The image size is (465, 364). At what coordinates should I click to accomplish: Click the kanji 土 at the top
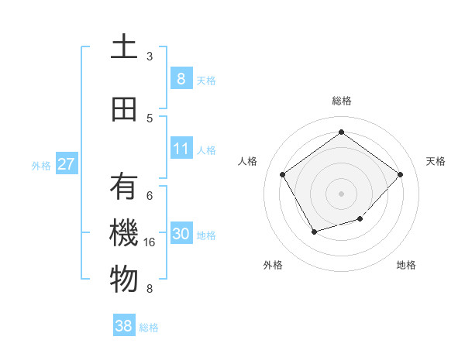pos(124,47)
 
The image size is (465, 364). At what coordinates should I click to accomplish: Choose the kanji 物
pos(124,280)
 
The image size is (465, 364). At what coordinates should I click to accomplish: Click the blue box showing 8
pos(181,78)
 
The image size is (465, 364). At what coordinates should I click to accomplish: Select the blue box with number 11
pos(181,149)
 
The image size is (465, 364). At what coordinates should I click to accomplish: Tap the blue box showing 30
pos(181,234)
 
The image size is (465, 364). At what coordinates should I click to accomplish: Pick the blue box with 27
pos(66,164)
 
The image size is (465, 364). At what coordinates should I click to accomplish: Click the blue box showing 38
pos(124,326)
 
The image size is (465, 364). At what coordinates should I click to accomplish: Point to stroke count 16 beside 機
pos(150,242)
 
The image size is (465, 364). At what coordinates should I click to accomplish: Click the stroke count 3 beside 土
pos(150,56)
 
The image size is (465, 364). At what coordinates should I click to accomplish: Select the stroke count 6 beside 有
pos(150,195)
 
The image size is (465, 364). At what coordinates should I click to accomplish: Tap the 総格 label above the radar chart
pos(342,101)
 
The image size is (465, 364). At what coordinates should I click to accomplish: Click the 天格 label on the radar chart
pos(436,161)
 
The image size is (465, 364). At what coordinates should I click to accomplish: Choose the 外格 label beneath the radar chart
pos(273,265)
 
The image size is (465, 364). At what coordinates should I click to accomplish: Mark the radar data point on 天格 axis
pos(400,174)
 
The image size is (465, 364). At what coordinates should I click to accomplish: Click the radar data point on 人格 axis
pos(283,173)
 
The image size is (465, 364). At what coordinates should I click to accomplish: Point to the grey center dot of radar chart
pos(341,192)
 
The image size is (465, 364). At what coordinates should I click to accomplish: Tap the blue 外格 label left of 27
pos(41,165)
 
